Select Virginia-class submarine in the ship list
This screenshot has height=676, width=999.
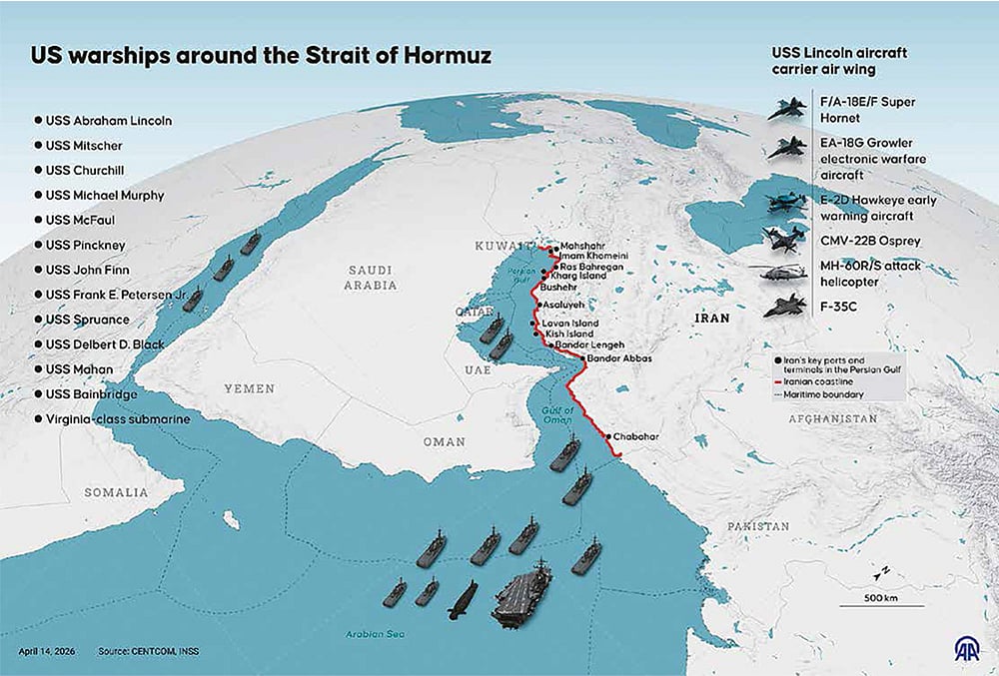[117, 420]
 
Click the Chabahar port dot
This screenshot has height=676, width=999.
[607, 436]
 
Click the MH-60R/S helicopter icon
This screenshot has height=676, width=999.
[784, 273]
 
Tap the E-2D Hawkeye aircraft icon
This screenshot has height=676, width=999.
[785, 203]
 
